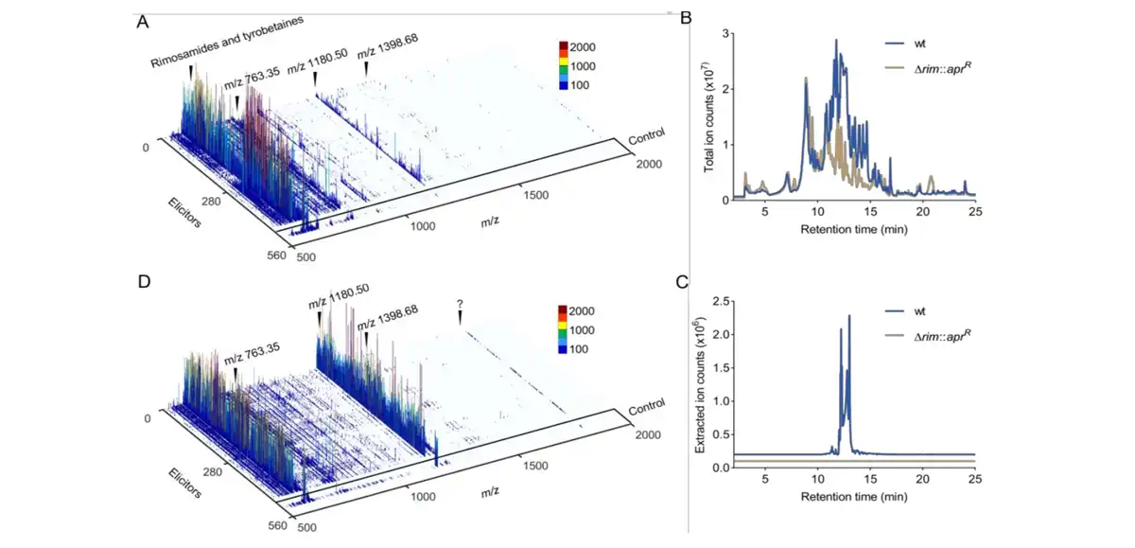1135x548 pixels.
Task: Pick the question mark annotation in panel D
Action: click(x=460, y=304)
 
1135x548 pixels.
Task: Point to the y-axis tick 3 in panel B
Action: click(x=723, y=34)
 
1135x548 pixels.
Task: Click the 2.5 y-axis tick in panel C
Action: click(x=718, y=301)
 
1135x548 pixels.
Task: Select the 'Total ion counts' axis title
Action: click(x=707, y=115)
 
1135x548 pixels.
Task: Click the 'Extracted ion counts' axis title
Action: click(x=700, y=384)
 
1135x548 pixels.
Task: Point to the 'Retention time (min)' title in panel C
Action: click(x=856, y=495)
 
